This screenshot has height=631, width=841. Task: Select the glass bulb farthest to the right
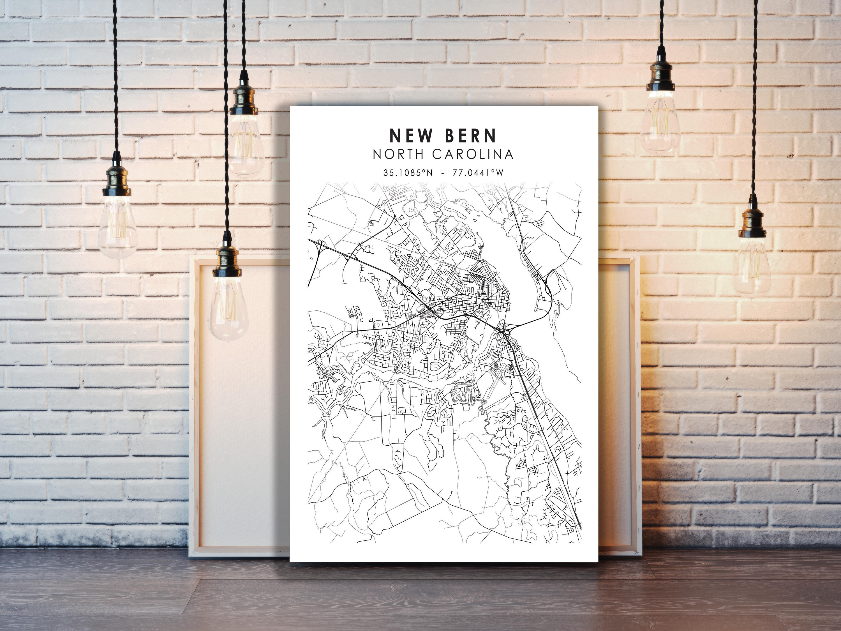click(751, 266)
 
